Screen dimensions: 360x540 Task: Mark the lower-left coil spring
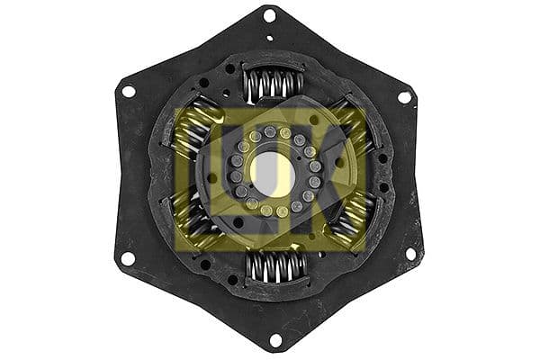point(192,220)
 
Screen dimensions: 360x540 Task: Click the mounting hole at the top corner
point(268,15)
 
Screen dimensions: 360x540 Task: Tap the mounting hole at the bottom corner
point(274,339)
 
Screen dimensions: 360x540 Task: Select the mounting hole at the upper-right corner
point(404,96)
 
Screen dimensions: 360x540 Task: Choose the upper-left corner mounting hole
point(129,91)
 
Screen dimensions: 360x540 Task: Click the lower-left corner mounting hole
point(129,258)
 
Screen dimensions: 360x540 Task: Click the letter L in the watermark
point(200,173)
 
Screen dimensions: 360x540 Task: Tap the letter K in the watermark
point(337,173)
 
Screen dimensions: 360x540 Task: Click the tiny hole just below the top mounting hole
point(269,38)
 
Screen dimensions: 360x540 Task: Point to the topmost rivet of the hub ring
point(269,131)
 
